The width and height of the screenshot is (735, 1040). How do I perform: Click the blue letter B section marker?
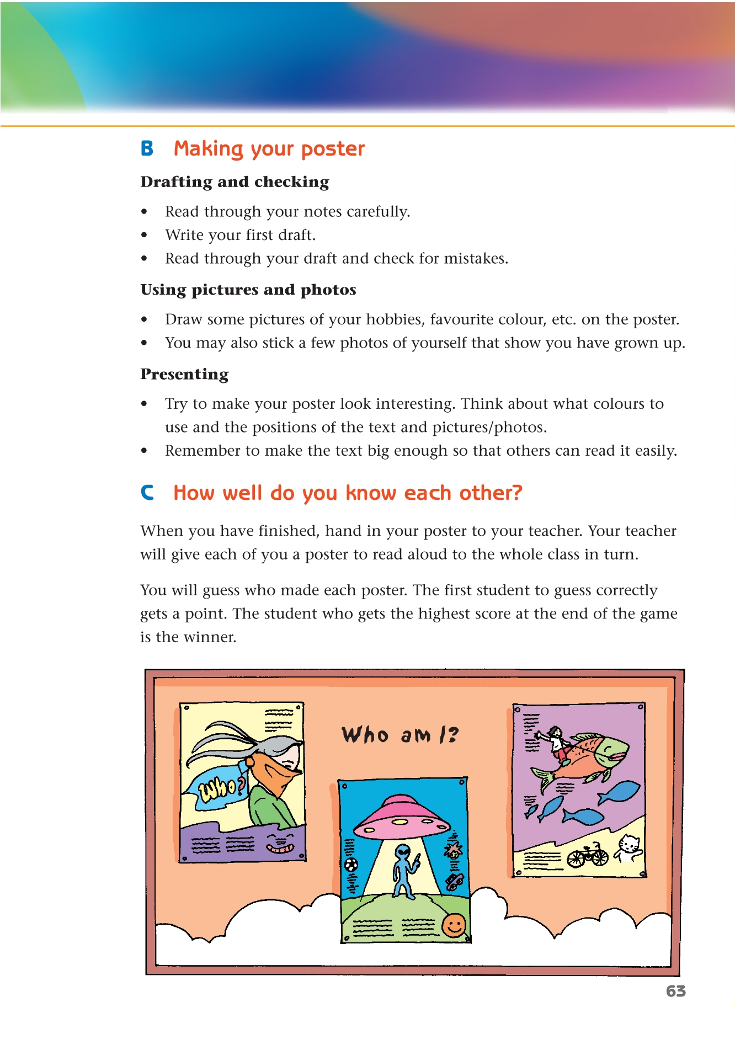click(147, 148)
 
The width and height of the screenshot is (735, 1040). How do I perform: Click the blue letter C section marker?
click(147, 493)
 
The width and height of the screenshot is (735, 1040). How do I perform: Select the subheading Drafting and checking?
click(235, 182)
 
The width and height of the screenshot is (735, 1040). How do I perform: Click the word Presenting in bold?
click(184, 374)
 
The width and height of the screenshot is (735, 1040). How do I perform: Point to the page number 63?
click(675, 991)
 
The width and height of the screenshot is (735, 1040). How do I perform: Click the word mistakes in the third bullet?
click(476, 259)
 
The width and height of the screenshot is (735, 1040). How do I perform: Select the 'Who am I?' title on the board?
click(400, 735)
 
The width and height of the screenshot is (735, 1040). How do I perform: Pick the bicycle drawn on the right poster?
click(588, 856)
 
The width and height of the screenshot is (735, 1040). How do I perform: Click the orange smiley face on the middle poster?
click(454, 925)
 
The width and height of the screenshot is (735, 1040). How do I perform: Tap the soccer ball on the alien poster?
click(351, 864)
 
